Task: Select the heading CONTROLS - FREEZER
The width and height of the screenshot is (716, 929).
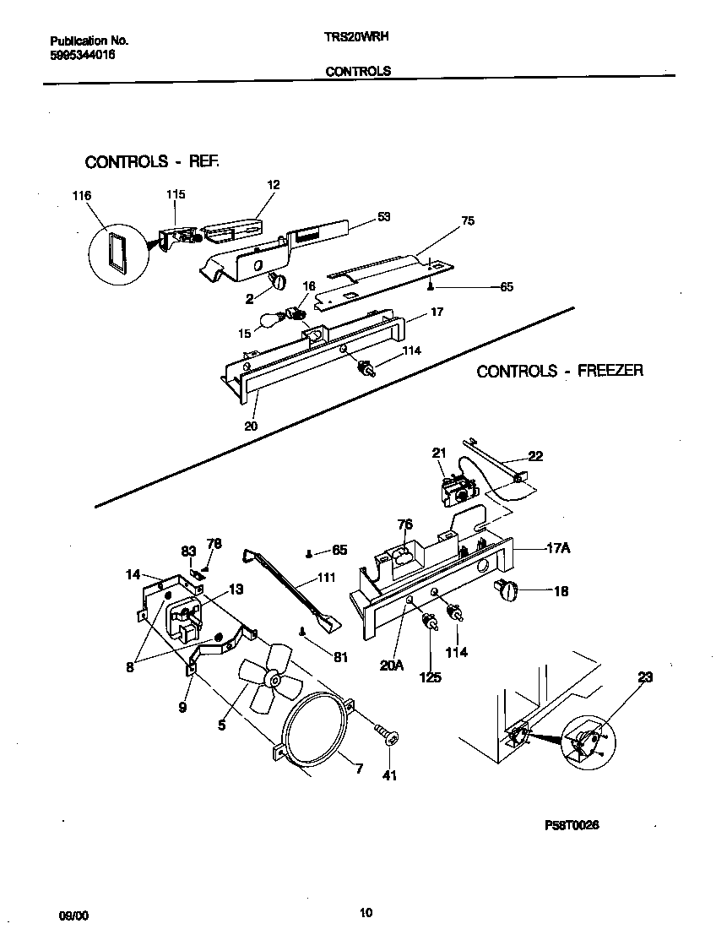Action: pyautogui.click(x=559, y=371)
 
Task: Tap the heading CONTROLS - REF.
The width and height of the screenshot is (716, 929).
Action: pyautogui.click(x=152, y=161)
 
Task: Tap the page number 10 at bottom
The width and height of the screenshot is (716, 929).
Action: pyautogui.click(x=365, y=912)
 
